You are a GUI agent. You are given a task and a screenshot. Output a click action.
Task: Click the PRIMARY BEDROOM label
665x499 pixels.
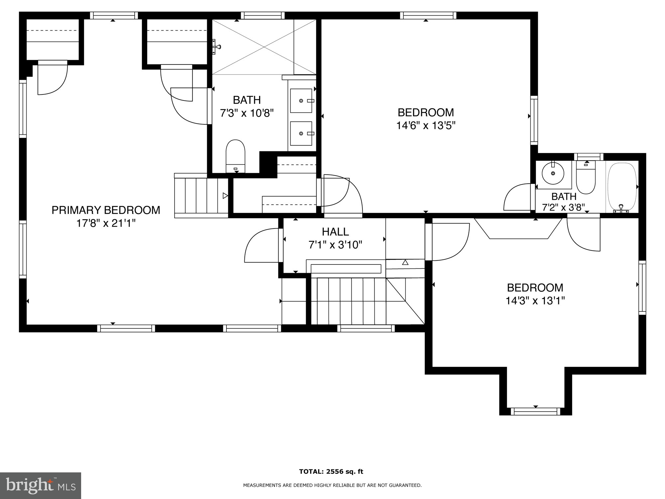click(x=106, y=210)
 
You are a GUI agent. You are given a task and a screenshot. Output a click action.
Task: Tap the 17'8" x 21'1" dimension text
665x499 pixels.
click(x=106, y=223)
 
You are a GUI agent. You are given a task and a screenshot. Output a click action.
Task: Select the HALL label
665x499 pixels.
click(x=335, y=232)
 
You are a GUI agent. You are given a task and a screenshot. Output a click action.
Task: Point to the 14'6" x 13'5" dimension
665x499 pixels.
click(x=426, y=126)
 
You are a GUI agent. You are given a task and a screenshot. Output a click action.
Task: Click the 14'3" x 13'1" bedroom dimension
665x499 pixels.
click(x=535, y=301)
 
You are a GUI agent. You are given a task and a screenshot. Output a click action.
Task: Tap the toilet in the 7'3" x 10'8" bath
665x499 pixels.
click(x=235, y=156)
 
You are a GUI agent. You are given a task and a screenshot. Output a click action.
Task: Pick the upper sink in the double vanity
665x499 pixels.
click(x=301, y=100)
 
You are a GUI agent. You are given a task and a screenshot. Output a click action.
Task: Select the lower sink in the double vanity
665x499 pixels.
click(x=301, y=133)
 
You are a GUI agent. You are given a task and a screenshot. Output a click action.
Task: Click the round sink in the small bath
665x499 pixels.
click(x=553, y=173)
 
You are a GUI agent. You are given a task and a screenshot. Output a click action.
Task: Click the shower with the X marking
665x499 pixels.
click(x=264, y=47)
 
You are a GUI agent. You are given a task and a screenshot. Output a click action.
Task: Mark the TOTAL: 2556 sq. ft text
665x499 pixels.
click(x=331, y=471)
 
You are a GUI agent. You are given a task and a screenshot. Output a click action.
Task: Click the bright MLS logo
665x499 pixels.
click(x=40, y=485)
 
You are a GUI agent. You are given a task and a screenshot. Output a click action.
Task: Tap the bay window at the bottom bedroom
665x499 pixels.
click(x=535, y=412)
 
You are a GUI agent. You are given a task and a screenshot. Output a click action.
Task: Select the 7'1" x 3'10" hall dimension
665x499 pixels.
click(x=335, y=245)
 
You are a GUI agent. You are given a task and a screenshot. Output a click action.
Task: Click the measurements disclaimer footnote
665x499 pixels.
click(x=332, y=485)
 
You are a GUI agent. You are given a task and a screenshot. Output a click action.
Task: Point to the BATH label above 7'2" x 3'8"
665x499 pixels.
click(x=564, y=196)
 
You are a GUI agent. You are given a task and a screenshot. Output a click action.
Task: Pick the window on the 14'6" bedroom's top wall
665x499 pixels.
click(x=428, y=15)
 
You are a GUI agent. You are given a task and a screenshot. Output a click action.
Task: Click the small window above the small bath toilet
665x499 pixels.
click(x=589, y=157)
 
